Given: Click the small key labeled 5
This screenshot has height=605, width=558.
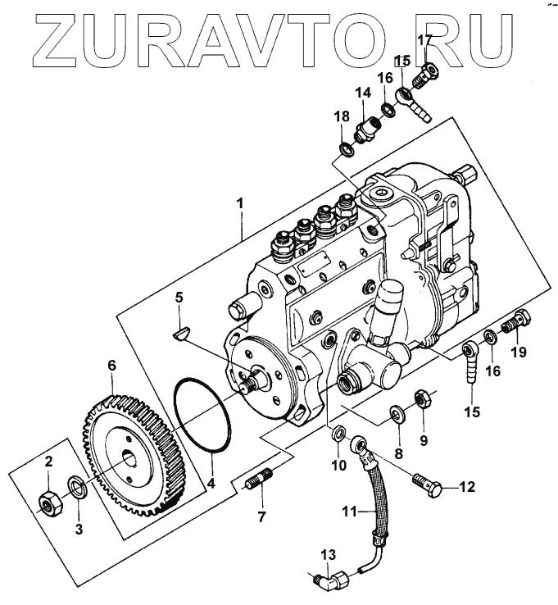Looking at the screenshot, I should [x=183, y=332].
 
